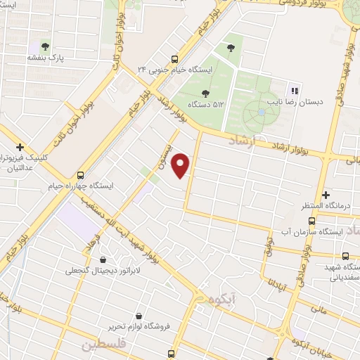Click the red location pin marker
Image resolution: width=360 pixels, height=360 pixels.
point(182,165)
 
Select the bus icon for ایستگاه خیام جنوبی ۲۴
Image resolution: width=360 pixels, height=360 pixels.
point(174,59)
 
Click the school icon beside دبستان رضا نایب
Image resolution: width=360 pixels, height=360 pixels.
point(295,90)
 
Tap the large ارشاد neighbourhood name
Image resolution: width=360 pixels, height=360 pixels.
point(243,141)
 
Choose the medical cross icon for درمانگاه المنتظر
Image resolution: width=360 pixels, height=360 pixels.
point(325,194)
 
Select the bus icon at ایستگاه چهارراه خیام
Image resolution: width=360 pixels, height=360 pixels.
point(80,174)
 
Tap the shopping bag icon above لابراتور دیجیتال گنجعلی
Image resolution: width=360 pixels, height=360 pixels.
point(104,259)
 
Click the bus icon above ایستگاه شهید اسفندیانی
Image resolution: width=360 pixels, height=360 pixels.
point(345,257)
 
